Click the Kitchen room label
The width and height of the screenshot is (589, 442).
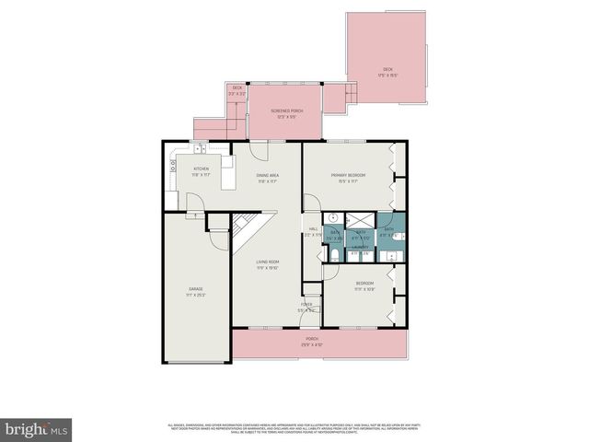click(201, 169)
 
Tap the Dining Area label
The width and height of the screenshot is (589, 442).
click(268, 175)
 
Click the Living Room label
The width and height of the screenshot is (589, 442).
click(268, 262)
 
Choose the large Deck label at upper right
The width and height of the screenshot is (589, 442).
click(387, 70)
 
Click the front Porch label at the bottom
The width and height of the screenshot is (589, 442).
click(312, 338)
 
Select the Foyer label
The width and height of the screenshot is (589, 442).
click(306, 305)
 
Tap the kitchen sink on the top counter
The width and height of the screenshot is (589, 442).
click(200, 147)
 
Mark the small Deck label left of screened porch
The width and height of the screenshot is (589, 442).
click(237, 87)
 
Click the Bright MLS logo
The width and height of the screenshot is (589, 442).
click(37, 429)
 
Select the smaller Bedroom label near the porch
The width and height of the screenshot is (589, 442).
click(364, 285)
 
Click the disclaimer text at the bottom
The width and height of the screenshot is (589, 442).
click(294, 426)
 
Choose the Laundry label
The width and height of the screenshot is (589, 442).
click(361, 247)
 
